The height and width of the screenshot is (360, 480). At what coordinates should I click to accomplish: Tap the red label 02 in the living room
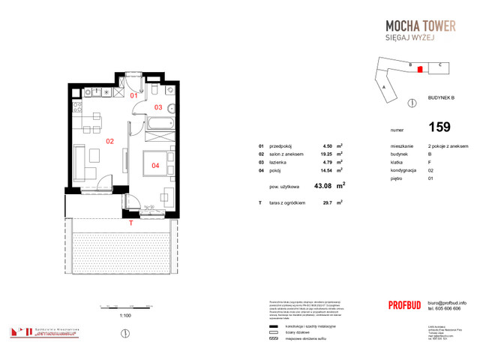coord(109,140)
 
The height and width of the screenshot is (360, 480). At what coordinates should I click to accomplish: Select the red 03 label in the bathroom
coord(158,107)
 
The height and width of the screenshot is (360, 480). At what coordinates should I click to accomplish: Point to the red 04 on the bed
coord(155,165)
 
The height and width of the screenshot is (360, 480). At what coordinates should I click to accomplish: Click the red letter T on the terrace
coord(130,223)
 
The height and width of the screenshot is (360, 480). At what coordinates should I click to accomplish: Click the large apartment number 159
coord(440,127)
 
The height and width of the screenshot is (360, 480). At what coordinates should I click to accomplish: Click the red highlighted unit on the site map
coord(420,69)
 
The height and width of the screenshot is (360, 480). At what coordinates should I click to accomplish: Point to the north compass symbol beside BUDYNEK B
coord(410,101)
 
